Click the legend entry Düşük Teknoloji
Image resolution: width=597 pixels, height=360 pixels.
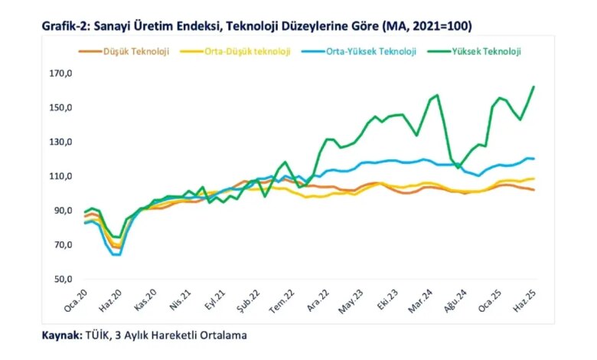124,51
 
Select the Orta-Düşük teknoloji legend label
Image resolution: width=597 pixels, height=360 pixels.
235,51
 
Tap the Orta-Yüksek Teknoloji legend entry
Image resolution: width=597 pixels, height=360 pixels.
359,51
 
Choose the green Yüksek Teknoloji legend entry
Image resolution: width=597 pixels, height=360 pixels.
474,51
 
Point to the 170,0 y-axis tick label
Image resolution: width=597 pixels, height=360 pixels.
61,73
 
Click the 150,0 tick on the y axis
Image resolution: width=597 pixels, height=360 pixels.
61,107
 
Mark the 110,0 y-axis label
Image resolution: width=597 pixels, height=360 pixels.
61,176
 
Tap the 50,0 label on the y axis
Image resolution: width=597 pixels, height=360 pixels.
63,280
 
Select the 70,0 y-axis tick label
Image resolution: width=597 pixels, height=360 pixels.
63,245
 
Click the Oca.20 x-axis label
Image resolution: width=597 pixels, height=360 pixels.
76,300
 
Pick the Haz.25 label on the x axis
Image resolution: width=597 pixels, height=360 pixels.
525,300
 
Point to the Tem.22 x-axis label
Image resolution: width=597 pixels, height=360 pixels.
282,301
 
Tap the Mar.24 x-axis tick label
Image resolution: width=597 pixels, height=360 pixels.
420,301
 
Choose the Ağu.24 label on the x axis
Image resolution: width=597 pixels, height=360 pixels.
455,301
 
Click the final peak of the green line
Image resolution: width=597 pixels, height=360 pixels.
533,87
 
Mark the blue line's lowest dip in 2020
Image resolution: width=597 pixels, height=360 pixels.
117,254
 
